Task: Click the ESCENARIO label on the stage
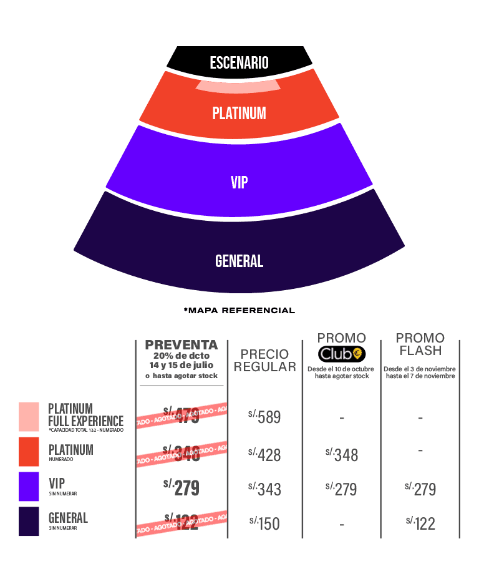pos(239,63)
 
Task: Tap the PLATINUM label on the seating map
pos(239,114)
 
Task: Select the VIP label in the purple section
pos(239,182)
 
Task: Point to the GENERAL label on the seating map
pos(239,261)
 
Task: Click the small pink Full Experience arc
pos(238,86)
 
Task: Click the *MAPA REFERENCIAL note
pos(239,310)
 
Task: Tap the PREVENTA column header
pos(181,345)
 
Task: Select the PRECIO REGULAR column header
pos(265,361)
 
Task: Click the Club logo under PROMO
pos(342,354)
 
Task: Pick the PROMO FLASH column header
pos(420,344)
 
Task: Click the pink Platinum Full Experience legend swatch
pos(29,417)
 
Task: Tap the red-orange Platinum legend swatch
pos(29,452)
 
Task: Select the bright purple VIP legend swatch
pos(29,486)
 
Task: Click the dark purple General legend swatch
pos(29,522)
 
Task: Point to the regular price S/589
pos(265,417)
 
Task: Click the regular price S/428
pos(265,455)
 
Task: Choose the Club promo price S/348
pos(342,455)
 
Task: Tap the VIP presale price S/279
pos(181,488)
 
